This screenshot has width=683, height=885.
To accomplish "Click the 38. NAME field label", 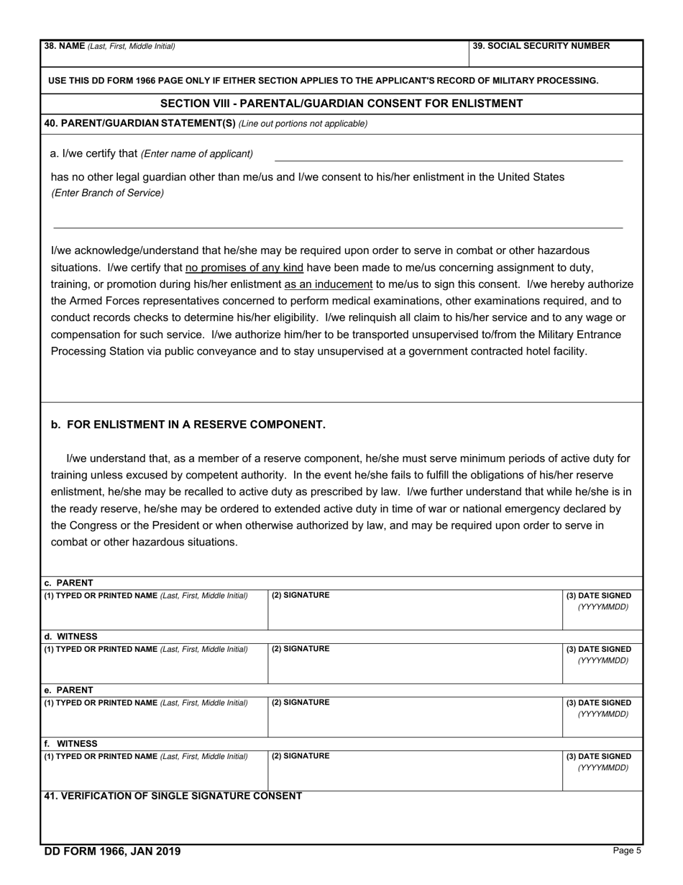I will pos(109,46).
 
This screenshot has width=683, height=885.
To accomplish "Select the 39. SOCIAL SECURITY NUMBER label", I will pos(541,46).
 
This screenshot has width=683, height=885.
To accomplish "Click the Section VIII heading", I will pos(341,104).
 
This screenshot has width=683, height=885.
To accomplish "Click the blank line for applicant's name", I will pos(448,155).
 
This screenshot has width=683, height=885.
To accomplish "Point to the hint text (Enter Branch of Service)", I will pos(107,193).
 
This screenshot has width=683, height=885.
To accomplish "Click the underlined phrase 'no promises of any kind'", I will pos(244,268).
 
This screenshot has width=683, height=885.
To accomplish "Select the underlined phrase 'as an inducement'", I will pos(328,284).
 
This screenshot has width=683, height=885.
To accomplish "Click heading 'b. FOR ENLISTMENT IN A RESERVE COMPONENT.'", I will pos(188,425).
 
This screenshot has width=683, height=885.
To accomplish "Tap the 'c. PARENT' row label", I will pos(68,583).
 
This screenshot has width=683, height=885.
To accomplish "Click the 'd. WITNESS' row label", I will pos(70,637).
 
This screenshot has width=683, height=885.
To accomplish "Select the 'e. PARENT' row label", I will pos(68,690).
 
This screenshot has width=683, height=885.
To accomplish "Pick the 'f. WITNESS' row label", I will pos(70,743).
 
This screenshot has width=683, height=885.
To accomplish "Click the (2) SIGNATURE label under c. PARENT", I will pos(301,596).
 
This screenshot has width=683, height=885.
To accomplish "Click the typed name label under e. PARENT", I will pos(146,703).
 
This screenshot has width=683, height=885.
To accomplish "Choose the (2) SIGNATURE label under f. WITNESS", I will pos(301,756).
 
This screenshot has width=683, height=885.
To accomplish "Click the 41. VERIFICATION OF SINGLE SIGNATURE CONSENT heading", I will pos(173,796).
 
